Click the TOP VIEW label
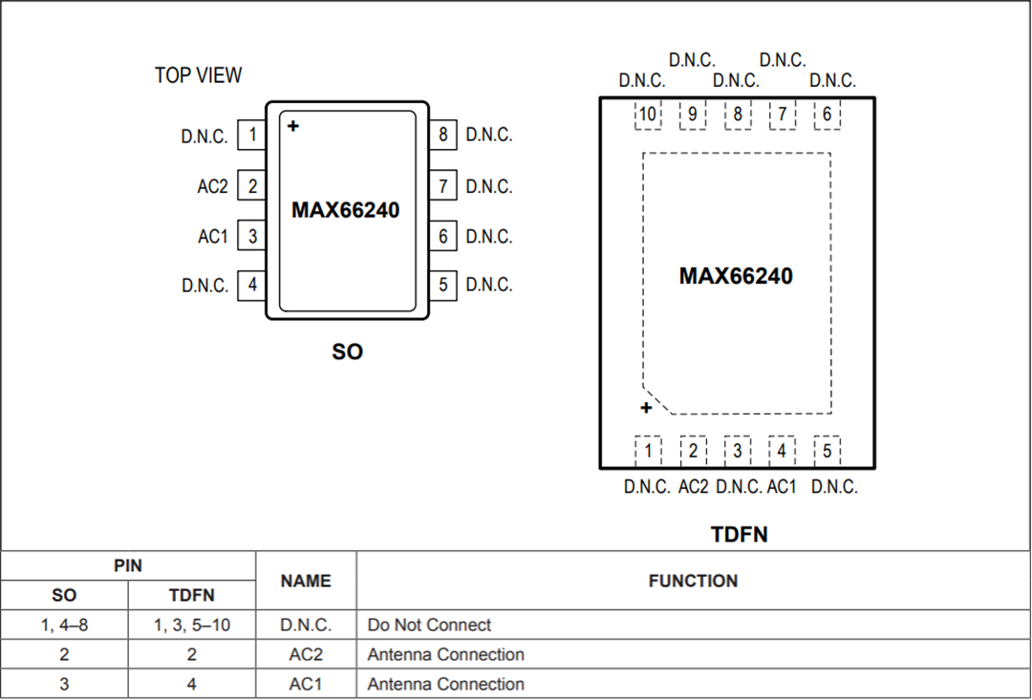[x=199, y=75]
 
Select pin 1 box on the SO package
[x=252, y=136]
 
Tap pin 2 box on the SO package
[x=252, y=186]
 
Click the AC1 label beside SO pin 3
[x=213, y=236]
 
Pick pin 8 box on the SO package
[x=442, y=136]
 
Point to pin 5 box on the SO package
[x=442, y=285]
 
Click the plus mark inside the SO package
[x=293, y=125]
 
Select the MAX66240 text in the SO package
[x=346, y=210]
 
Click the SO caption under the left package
[x=347, y=351]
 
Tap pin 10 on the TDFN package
[x=648, y=116]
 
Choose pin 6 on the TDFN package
[x=827, y=116]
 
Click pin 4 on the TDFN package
[x=782, y=451]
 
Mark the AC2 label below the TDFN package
[x=694, y=487]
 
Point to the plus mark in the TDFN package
[x=646, y=409]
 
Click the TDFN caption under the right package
[x=739, y=535]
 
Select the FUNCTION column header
[x=693, y=581]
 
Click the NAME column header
[x=306, y=581]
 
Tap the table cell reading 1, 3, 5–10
[x=192, y=626]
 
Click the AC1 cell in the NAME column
[x=306, y=685]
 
